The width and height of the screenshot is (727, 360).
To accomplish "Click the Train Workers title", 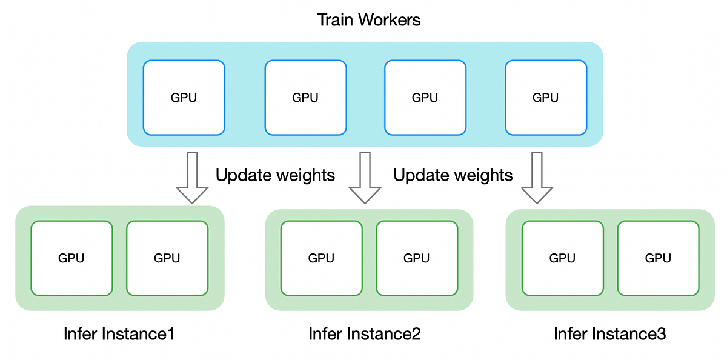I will click(369, 19).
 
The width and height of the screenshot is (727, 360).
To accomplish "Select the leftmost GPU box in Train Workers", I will click(184, 97).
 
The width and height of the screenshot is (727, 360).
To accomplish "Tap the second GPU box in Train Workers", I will click(305, 97).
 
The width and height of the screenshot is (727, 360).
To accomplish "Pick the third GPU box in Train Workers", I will click(425, 97).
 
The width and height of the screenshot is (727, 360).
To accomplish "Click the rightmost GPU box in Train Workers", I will click(545, 97).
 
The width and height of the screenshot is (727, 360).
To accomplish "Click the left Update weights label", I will click(275, 176).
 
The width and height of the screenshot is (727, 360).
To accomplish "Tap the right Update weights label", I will click(453, 176).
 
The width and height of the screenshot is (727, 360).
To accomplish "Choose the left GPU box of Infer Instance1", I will click(71, 258).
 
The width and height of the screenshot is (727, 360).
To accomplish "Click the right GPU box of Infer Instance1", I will click(167, 258).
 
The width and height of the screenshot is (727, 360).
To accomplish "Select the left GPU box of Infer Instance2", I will click(322, 258).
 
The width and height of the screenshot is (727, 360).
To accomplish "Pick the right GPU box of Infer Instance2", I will click(417, 258).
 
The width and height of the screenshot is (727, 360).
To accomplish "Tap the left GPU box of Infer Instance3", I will click(562, 258).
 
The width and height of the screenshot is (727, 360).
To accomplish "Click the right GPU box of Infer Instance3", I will click(658, 258).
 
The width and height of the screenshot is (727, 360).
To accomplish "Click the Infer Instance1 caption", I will click(119, 334).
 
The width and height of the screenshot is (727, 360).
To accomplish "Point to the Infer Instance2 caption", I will click(365, 334).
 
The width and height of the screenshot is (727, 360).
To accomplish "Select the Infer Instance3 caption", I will click(610, 334).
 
